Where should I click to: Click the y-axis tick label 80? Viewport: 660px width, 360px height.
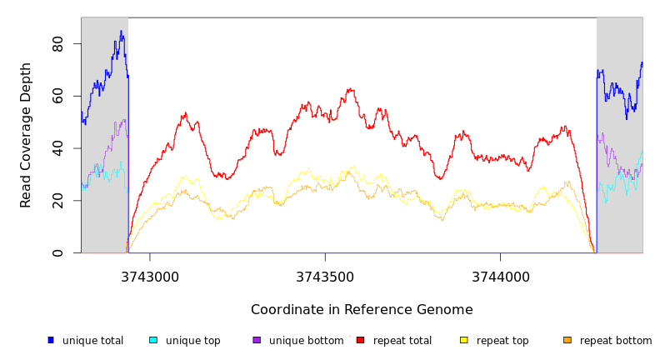(57, 44)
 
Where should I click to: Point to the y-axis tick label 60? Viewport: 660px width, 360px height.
(57, 97)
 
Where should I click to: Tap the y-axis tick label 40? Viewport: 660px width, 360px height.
(57, 148)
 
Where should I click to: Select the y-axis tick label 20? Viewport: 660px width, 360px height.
(57, 201)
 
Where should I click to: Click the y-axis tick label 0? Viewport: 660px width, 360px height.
(57, 252)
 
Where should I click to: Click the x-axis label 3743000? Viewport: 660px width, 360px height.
(150, 277)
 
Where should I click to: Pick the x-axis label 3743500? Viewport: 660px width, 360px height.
(325, 277)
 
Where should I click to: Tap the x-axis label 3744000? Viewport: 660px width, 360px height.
(500, 277)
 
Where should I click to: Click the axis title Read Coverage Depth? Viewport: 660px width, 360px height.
(26, 135)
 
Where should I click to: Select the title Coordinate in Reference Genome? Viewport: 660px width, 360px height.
(362, 310)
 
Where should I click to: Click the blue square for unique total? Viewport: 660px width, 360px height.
(51, 340)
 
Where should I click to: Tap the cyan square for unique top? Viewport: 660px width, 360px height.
(153, 340)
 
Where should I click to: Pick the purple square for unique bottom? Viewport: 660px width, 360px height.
(257, 340)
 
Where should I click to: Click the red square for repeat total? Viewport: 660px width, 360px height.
(360, 340)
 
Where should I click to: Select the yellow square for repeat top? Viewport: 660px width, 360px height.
(463, 340)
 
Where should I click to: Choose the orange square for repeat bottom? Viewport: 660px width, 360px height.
(567, 340)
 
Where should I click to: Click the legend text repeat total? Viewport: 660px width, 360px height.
(402, 341)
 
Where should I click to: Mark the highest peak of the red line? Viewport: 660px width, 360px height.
(350, 88)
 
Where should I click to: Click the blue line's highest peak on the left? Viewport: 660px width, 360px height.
(121, 32)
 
